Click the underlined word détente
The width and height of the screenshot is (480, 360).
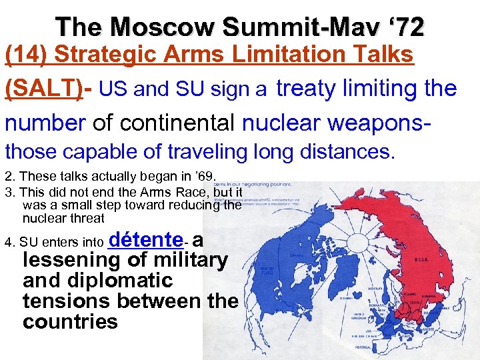[x=145, y=239]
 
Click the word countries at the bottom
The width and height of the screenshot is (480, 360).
[x=70, y=322]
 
